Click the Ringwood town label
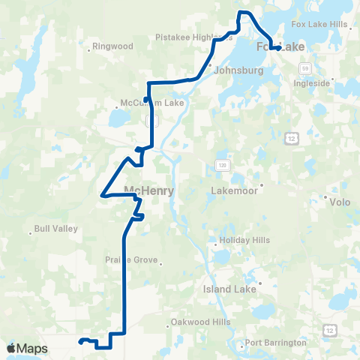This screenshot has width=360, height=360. pyautogui.click(x=112, y=46)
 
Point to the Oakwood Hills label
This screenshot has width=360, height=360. pyautogui.click(x=199, y=322)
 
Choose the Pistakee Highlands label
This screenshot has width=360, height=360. pyautogui.click(x=193, y=36)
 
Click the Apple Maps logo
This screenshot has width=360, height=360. pyautogui.click(x=28, y=348)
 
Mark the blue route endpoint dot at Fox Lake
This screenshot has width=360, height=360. pyautogui.click(x=278, y=48)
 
